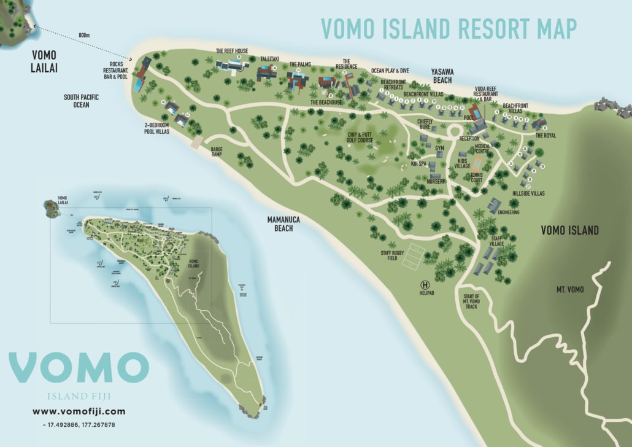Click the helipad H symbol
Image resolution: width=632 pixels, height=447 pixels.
pos(424,284)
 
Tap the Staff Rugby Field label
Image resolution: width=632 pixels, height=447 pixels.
pos(389,255)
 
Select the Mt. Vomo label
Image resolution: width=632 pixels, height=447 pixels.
pos(570,289)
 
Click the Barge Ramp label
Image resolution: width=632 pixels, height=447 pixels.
pos(216,152)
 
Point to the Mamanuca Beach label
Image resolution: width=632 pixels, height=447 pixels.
pos(280,223)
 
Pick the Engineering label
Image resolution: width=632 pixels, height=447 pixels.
pos(509,212)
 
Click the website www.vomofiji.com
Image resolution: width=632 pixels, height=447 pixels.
pos(79,411)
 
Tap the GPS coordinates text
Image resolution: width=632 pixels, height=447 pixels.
pos(79,424)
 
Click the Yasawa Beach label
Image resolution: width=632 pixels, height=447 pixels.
pos(441,76)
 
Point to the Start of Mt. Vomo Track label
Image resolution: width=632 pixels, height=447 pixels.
pos(471,301)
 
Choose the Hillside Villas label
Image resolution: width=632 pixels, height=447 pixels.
pos(528,193)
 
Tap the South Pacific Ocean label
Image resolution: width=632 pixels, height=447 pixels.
pos(81,101)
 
